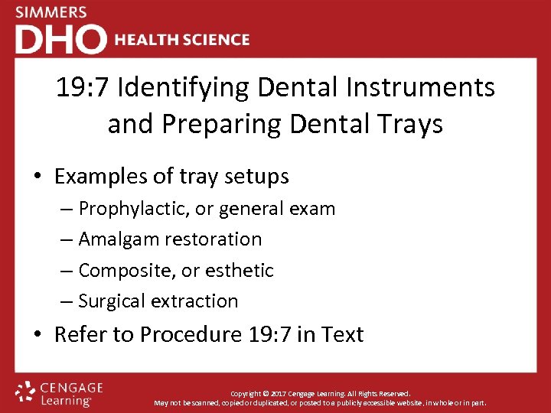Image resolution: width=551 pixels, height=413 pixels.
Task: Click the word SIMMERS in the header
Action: pos(51,13)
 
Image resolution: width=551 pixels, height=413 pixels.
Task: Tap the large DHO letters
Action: pos(60,39)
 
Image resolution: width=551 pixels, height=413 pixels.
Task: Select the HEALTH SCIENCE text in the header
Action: pos(182,40)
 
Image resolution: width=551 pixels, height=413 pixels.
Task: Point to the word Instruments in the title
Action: pos(433,88)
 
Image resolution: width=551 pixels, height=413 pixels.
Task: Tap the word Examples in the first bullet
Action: pos(103,177)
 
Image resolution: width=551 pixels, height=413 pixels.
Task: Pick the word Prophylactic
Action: pos(132,209)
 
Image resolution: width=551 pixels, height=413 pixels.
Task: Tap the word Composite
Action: pos(122,271)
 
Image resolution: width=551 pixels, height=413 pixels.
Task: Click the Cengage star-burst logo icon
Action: pos(26,392)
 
